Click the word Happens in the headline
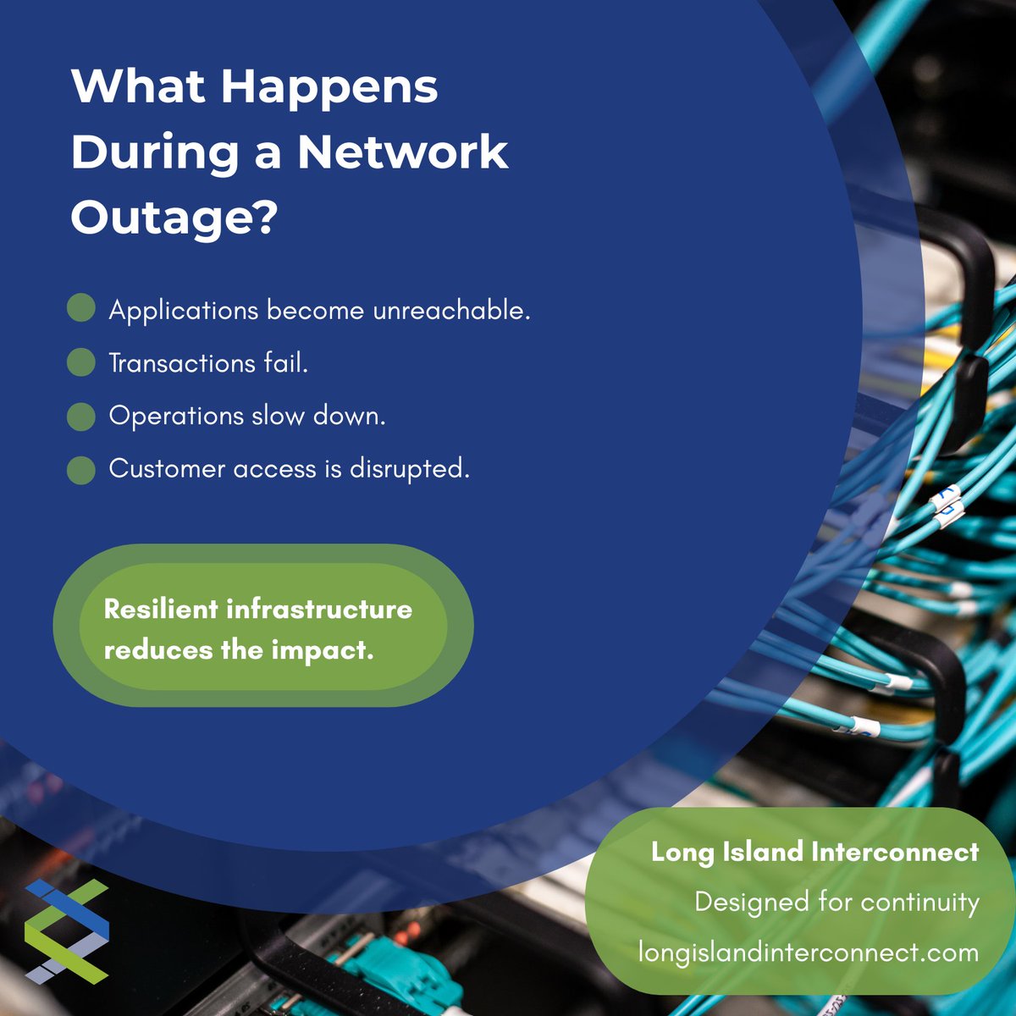329,88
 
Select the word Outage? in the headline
174,218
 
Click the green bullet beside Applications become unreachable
81,307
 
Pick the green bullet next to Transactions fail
81,362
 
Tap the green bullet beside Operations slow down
81,417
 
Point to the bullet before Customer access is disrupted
81,470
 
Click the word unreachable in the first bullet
451,310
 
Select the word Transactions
182,363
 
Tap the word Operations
177,417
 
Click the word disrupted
410,469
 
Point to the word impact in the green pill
322,650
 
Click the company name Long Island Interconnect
815,852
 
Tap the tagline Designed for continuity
837,903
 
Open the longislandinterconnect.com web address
809,952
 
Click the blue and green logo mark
67,931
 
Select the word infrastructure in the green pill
319,609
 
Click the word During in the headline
155,153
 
